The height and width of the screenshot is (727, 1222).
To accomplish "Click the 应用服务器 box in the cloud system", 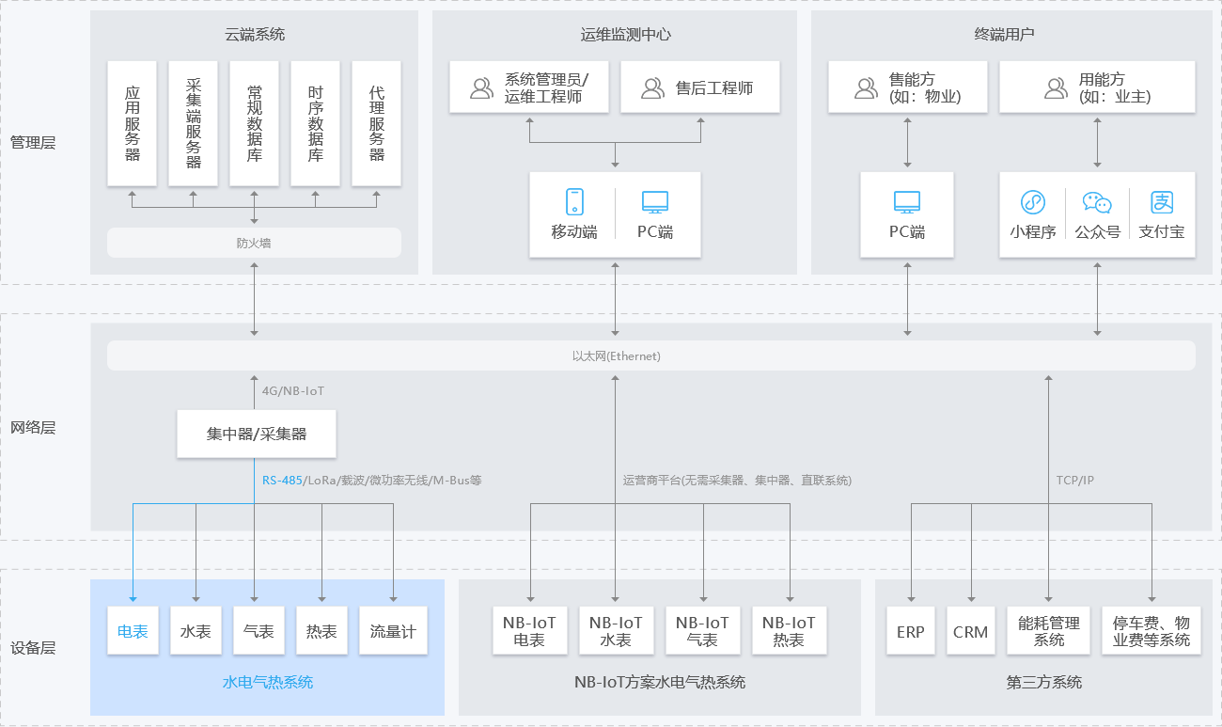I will [133, 123].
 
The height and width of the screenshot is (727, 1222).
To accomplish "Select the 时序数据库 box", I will [316, 123].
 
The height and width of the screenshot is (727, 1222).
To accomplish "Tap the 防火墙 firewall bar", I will [254, 243].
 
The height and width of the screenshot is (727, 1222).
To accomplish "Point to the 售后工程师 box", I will [700, 87].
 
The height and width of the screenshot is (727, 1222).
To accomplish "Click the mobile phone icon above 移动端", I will [574, 201].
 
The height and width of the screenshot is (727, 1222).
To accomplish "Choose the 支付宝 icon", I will [1163, 202].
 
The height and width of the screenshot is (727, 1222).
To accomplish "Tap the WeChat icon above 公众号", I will [1097, 202].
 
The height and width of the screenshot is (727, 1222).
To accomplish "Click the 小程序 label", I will [1033, 231].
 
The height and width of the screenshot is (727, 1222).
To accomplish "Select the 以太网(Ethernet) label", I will [617, 356].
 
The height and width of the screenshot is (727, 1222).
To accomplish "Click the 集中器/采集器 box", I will [257, 434].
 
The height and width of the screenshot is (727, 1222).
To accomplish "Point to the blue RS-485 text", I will [282, 480].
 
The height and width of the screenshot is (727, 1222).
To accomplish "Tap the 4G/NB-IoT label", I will [293, 390].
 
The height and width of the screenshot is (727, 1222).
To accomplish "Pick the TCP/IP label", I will [1075, 480].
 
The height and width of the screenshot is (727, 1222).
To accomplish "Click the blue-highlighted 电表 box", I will [133, 631].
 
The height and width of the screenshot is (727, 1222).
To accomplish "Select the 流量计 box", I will [393, 631].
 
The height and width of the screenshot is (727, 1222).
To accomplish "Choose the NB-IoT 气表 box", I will [702, 631].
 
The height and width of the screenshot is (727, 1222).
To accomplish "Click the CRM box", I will [970, 631].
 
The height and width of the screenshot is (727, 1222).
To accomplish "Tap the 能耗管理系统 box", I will [1049, 631].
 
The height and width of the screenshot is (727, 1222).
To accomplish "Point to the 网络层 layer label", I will [33, 427].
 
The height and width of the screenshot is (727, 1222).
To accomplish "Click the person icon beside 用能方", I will [1056, 87].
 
